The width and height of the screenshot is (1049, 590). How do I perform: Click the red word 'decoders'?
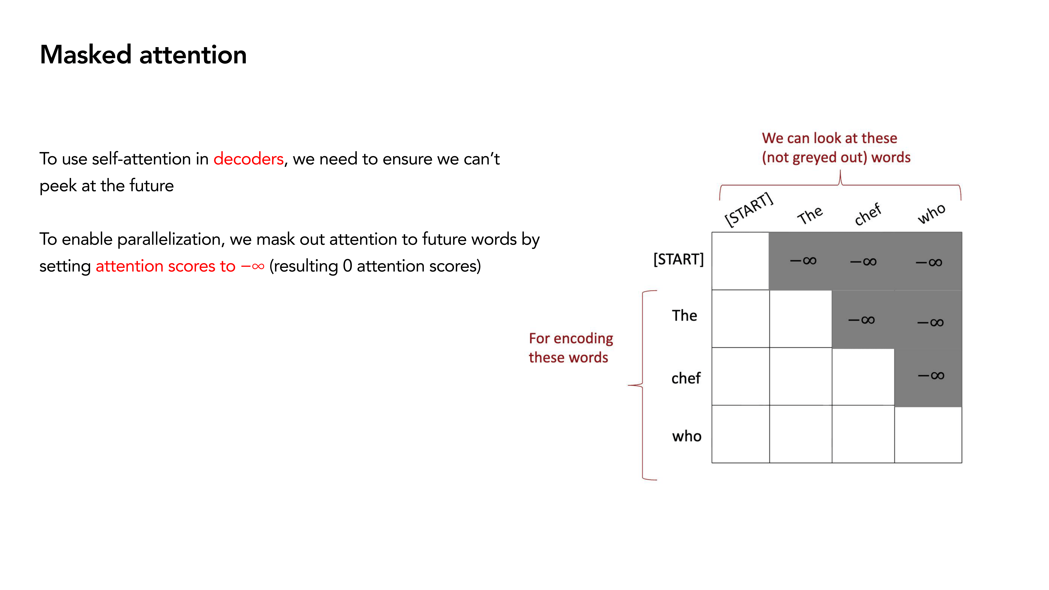pyautogui.click(x=248, y=159)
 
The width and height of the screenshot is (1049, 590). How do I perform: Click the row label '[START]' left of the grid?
pyautogui.click(x=678, y=259)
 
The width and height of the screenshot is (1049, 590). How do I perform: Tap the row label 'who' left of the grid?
pyautogui.click(x=687, y=436)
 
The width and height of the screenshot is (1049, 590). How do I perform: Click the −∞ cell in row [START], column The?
pyautogui.click(x=801, y=261)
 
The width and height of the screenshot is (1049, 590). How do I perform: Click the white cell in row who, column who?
pyautogui.click(x=928, y=434)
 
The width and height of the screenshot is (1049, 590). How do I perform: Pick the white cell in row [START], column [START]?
pyautogui.click(x=740, y=261)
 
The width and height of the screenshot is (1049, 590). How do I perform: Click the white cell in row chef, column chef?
pyautogui.click(x=863, y=377)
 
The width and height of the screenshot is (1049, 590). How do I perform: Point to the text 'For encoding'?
pyautogui.click(x=571, y=338)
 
